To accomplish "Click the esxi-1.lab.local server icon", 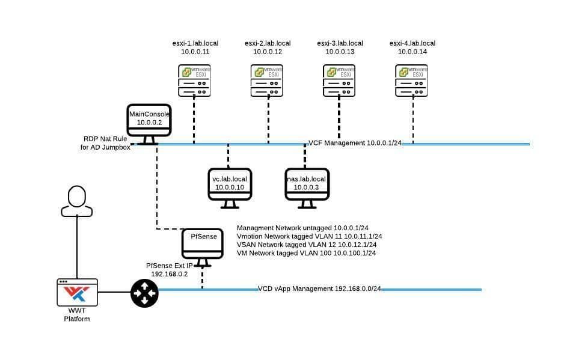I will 194,81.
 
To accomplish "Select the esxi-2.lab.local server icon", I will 267,81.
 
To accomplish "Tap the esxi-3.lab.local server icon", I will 339,81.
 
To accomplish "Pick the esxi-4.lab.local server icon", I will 412,81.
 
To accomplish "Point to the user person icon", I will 77,201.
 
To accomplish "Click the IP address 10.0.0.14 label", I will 412,52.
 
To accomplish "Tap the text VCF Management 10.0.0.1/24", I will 354,143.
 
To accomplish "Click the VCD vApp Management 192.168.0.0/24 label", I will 319,289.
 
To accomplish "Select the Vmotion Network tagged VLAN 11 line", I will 309,237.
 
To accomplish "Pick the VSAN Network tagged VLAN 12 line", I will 307,245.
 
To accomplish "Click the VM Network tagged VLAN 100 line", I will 306,254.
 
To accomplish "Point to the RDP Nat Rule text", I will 106,139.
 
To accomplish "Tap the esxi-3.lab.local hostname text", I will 340,43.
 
